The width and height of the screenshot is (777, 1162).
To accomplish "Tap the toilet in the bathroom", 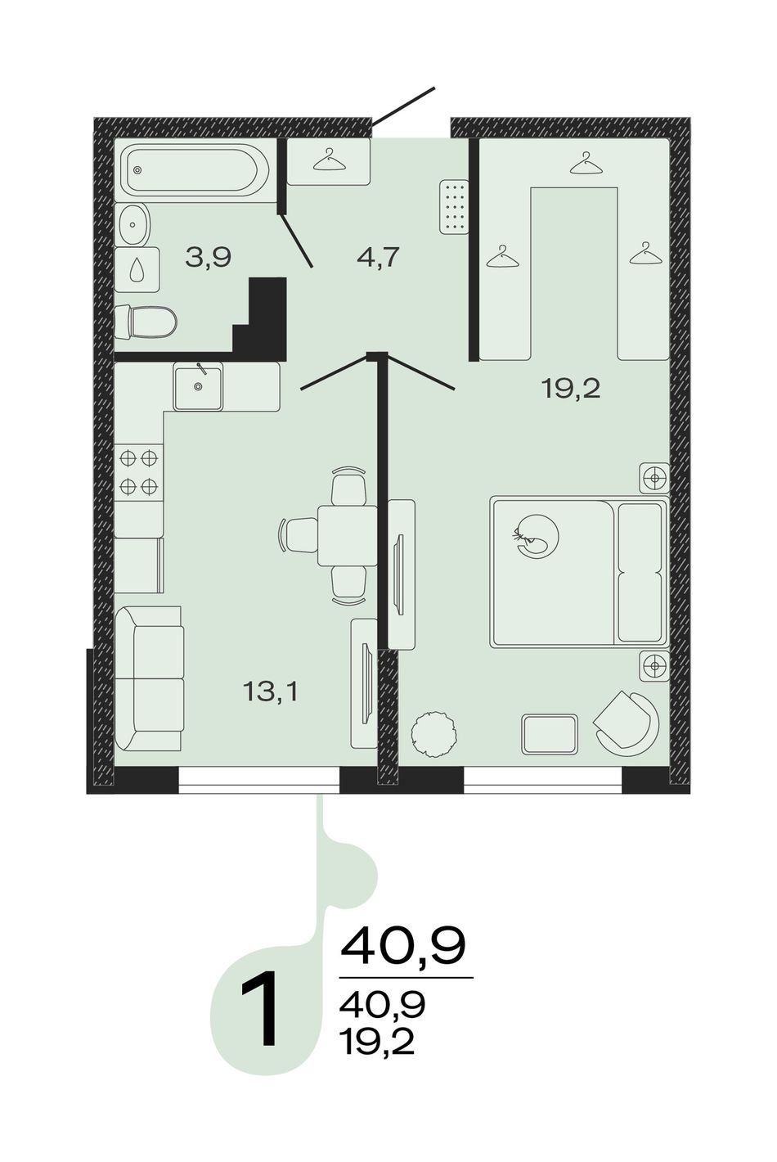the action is coord(145,322).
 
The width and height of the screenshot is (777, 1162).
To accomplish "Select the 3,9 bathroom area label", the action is coord(209,257).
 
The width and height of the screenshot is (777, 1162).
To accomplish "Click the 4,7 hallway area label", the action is coord(379,257).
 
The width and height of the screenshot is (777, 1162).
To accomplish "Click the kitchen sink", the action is coord(199,386).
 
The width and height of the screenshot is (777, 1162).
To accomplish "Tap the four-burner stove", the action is coord(139,472).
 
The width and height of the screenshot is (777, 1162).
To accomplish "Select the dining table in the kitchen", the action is coord(348,535).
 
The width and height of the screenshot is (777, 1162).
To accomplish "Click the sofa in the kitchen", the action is coord(149,678).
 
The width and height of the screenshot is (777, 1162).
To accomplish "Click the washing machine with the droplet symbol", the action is coord(137,270).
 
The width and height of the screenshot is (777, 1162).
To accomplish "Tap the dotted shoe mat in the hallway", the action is coord(454,207).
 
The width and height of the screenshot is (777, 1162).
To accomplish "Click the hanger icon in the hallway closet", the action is coord(329,160).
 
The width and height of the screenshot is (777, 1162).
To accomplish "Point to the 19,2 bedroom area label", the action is coord(570,388).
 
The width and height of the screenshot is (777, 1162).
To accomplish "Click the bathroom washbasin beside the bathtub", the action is coord(134,224).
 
